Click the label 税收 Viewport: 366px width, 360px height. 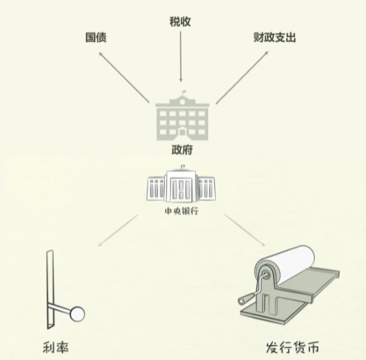click(x=180, y=22)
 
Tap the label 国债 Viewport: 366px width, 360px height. click(x=96, y=38)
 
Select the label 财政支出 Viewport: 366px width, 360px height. click(x=275, y=38)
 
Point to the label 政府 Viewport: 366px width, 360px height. click(x=182, y=150)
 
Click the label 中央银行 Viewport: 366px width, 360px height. click(x=182, y=211)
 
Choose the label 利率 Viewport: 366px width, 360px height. click(x=56, y=348)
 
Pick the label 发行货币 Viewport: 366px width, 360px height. click(x=292, y=347)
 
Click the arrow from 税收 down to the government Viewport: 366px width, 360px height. click(x=181, y=56)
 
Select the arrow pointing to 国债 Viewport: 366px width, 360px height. click(x=125, y=77)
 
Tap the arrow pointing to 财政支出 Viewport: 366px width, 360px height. click(x=242, y=77)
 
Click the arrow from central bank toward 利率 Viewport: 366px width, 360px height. click(x=118, y=230)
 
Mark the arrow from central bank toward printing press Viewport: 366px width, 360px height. click(x=245, y=230)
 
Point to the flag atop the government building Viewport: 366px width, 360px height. click(x=183, y=92)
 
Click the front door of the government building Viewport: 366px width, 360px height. click(x=183, y=132)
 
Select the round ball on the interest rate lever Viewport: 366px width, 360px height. click(x=77, y=314)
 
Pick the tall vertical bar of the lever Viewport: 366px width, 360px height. click(x=50, y=289)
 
